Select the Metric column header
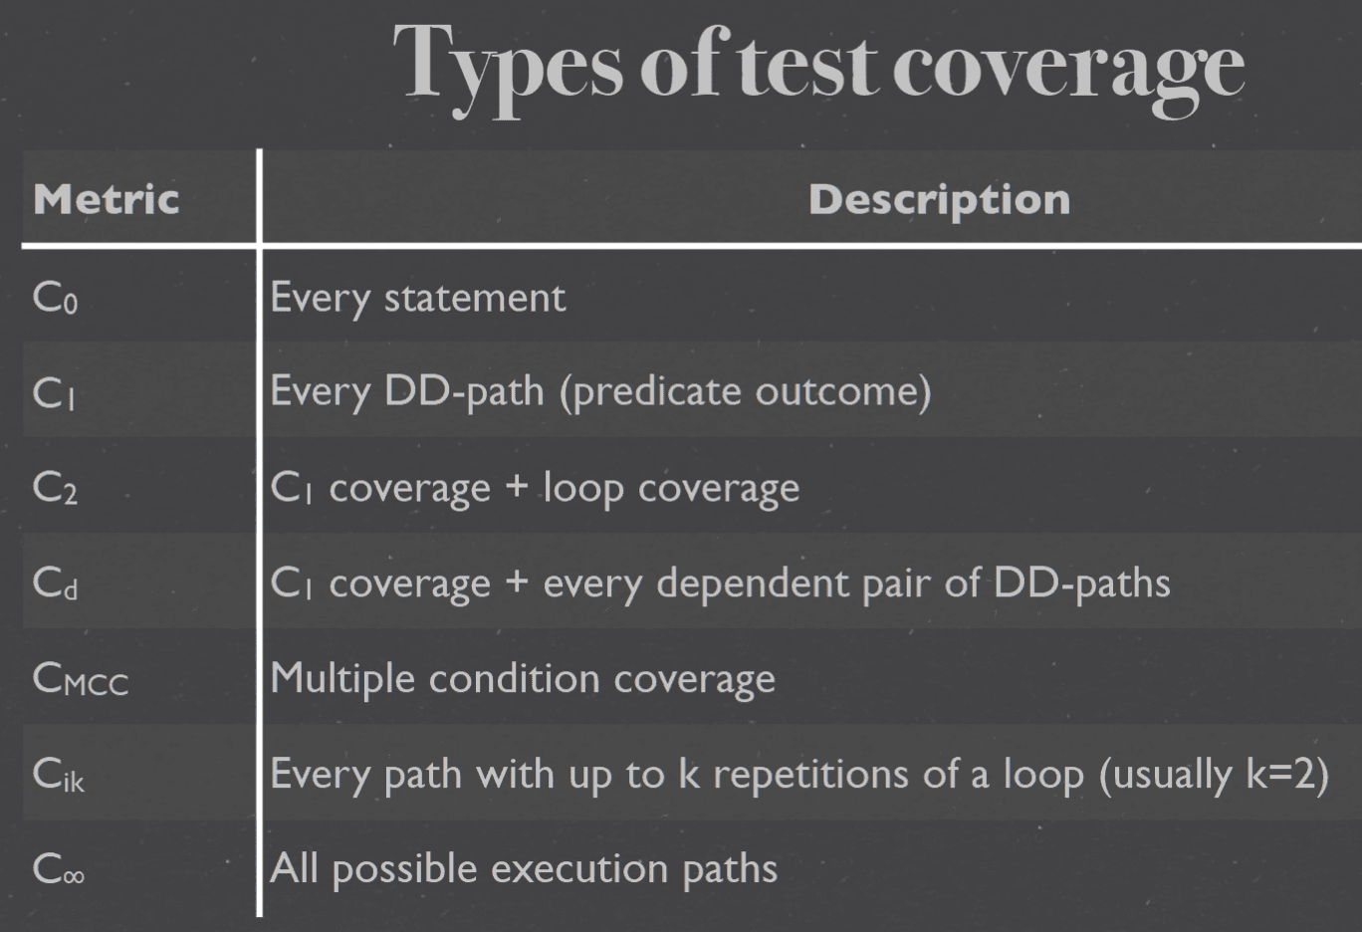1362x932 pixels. [107, 199]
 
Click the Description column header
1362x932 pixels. [940, 200]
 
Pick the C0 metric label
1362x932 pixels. [56, 298]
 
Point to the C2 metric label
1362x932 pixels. [56, 488]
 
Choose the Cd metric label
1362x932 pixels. [56, 583]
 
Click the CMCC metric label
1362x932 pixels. [81, 678]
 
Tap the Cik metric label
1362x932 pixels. [59, 774]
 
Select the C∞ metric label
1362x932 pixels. [59, 868]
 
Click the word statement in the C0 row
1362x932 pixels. [475, 299]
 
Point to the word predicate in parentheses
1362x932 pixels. [657, 392]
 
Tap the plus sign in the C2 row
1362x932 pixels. [517, 488]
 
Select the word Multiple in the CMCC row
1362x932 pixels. [342, 678]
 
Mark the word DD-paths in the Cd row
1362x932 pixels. [1081, 583]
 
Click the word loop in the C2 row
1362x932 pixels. [583, 489]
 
